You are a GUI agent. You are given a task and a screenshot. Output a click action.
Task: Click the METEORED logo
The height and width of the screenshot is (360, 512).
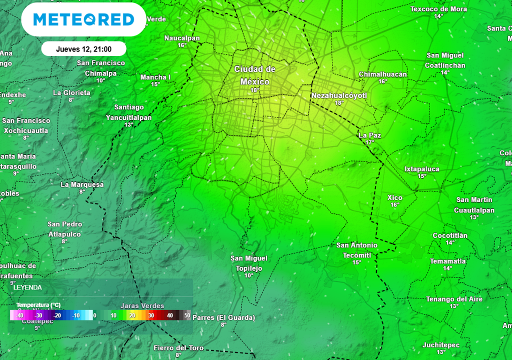(83, 19)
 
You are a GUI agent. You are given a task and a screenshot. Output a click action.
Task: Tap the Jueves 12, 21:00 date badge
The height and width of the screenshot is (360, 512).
(83, 49)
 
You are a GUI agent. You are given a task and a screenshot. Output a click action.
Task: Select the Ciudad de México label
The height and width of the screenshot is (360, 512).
(255, 75)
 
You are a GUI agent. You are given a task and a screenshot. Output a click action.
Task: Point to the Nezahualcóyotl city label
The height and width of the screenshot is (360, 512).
(339, 95)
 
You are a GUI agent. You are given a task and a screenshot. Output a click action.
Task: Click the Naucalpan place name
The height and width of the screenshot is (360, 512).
(182, 38)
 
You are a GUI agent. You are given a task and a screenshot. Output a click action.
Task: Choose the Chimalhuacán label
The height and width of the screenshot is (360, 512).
(382, 74)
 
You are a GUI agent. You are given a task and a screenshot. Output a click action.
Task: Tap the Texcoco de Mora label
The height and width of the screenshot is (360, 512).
(438, 9)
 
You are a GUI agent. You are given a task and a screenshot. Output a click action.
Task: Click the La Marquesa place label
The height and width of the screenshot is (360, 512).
(82, 184)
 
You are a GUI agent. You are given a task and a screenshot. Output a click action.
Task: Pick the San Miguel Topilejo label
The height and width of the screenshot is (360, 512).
(249, 263)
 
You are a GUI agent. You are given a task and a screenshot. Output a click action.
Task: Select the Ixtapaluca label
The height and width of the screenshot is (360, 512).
(422, 169)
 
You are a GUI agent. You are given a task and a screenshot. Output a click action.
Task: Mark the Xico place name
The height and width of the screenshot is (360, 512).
(395, 197)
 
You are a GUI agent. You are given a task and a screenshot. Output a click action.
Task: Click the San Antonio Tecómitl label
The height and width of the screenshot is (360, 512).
(357, 249)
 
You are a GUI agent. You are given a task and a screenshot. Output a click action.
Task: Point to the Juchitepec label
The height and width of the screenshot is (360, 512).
(441, 345)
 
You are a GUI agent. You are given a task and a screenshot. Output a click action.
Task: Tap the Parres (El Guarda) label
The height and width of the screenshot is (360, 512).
(223, 317)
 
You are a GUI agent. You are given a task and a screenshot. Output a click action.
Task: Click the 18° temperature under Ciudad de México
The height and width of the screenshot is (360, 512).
(255, 90)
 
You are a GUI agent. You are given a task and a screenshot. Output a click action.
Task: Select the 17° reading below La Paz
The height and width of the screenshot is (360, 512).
(369, 142)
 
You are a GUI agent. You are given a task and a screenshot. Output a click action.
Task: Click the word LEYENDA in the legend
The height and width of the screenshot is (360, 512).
(27, 287)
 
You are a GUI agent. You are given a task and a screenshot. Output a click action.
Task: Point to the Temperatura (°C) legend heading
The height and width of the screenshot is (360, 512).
(38, 305)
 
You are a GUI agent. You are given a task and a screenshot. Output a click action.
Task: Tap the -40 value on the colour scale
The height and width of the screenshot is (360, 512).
(20, 315)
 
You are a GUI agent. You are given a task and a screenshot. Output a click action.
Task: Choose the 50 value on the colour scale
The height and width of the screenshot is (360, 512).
(187, 315)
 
